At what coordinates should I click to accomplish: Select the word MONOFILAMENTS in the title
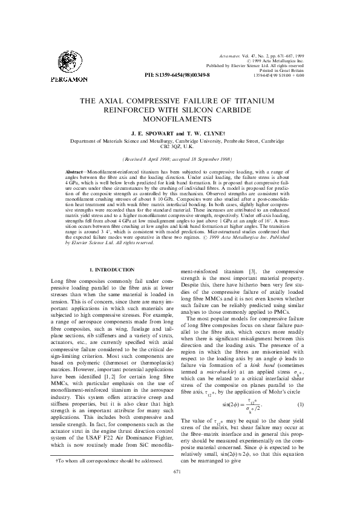[x=180, y=120]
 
